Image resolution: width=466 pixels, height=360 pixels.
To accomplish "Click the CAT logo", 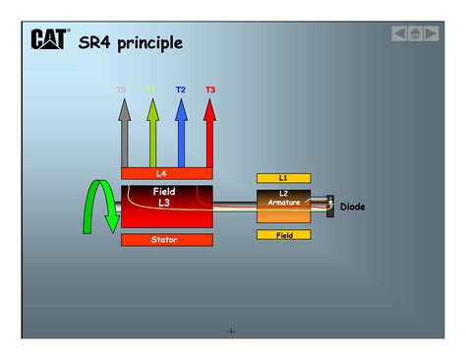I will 48,39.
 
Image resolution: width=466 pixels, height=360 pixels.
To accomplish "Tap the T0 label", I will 122,90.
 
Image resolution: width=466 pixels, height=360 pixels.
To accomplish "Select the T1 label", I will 151,90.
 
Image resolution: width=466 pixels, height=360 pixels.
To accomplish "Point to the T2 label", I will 181,90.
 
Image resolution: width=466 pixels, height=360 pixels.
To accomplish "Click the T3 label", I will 210,90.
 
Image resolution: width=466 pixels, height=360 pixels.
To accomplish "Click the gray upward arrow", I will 124,133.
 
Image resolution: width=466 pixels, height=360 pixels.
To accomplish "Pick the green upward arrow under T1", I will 152,133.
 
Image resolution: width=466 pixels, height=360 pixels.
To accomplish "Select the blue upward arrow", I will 182,133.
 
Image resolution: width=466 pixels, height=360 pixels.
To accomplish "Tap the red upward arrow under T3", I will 209,133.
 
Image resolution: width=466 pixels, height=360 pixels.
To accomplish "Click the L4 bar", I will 167,173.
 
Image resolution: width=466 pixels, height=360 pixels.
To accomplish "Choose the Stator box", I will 167,239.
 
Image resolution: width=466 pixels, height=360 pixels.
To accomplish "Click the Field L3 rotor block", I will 167,206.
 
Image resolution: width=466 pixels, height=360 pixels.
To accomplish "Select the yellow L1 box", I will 283,178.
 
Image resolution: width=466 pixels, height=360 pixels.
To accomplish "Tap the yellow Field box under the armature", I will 283,235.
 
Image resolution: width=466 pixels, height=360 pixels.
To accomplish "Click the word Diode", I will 352,207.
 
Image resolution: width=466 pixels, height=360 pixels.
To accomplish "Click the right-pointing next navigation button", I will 429,33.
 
